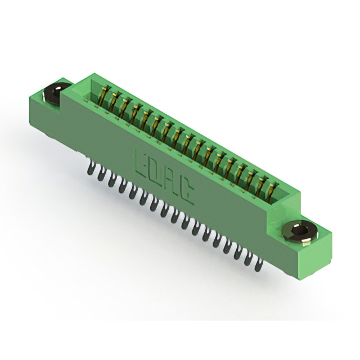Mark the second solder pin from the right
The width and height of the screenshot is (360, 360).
[249, 258]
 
